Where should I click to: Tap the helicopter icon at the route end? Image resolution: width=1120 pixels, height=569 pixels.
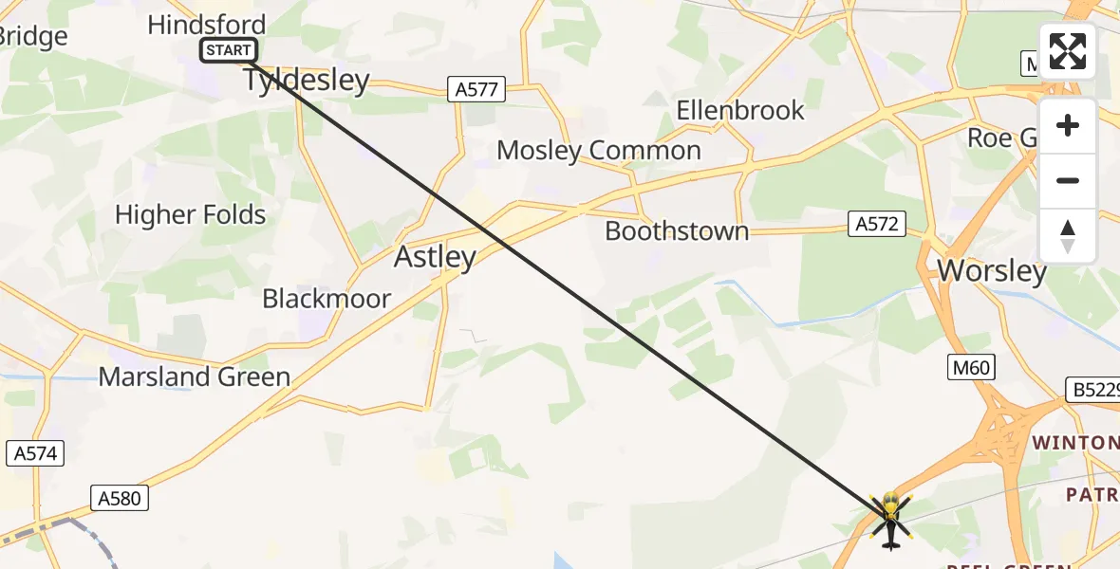coord(889,519)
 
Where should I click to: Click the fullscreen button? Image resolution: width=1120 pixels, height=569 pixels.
coord(1067,51)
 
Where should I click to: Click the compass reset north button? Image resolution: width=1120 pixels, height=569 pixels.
coord(1067,236)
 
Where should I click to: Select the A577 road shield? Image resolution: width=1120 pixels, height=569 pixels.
coord(476,90)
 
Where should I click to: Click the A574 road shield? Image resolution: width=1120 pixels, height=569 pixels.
coord(36,453)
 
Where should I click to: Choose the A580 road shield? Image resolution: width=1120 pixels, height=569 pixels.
coord(120,497)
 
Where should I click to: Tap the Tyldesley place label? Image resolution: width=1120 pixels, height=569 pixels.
coord(307,80)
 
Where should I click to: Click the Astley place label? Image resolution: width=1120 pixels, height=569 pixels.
coord(435,257)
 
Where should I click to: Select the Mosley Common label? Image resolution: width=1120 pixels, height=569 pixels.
coord(599,150)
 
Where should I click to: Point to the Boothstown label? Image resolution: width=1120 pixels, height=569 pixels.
coord(677,230)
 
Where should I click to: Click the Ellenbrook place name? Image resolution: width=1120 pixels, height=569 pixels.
coord(740,110)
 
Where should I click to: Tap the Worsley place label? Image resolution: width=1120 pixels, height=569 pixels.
coord(992,271)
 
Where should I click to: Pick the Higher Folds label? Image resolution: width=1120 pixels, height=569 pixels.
coord(191,214)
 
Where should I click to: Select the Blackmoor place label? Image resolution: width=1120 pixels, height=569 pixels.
coord(327,299)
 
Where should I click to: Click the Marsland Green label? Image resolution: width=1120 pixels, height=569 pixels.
coord(195,376)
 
